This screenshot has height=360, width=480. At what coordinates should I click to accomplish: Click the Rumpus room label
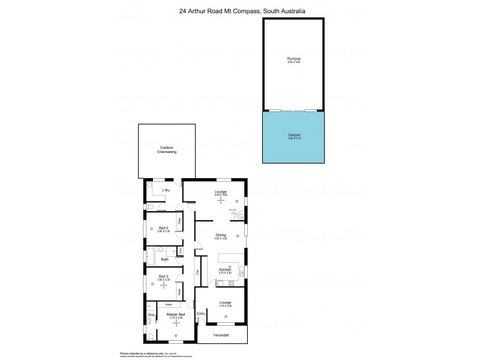293,59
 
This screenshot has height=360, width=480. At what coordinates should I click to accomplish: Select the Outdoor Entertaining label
167,150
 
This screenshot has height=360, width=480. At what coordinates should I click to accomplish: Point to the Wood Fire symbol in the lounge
239,215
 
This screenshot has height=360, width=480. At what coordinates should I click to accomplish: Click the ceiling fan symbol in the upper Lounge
221,201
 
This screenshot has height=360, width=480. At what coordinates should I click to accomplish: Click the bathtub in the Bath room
151,259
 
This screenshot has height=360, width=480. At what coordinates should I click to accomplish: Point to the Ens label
151,315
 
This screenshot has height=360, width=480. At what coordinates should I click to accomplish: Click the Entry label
201,313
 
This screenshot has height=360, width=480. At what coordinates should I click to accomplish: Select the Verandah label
222,336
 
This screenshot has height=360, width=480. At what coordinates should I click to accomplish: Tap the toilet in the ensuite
150,337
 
